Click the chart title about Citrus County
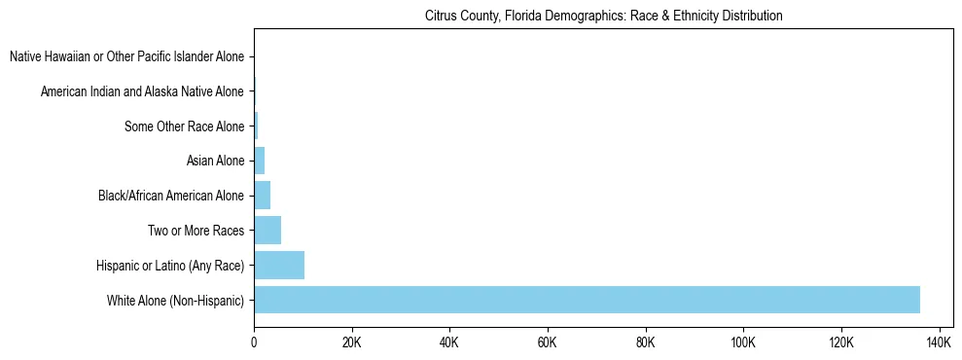coord(604,17)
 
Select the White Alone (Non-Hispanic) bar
coord(587,300)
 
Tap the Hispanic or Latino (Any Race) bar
coord(279,265)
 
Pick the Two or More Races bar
coord(267,231)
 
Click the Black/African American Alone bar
coord(262,196)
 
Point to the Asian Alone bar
coord(259,161)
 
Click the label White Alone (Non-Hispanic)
coord(176,301)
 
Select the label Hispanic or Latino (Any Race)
coord(170,266)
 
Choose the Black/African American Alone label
coord(171,196)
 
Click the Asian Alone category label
coord(215,161)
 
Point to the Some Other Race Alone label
coord(184,126)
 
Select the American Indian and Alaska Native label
coord(142,91)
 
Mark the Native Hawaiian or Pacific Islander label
coord(126,56)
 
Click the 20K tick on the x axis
coord(351,343)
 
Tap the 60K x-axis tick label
coord(548,343)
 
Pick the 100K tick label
coord(743,343)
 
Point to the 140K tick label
coord(939,343)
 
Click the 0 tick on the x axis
coord(254,343)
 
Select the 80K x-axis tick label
coord(645,343)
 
